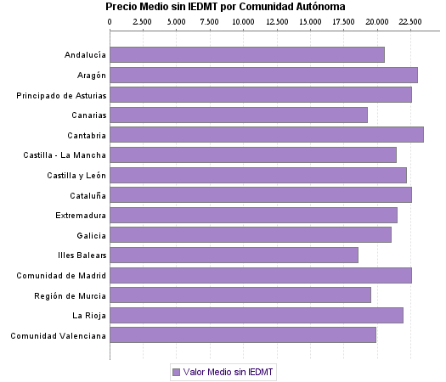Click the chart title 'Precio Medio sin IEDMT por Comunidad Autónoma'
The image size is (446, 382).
tap(225, 7)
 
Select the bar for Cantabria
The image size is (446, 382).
tap(267, 135)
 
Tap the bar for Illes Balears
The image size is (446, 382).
tap(234, 255)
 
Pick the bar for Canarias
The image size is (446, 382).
tap(239, 115)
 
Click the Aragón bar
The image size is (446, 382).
tap(263, 75)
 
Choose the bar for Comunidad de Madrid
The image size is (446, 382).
tap(261, 275)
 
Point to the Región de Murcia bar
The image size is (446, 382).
tap(240, 295)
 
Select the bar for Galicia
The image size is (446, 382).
tap(251, 235)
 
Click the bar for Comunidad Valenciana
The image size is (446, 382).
tap(243, 335)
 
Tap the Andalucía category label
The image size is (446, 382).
tap(85, 55)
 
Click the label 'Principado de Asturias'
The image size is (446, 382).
tap(61, 95)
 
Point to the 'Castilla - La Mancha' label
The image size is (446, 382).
tap(65, 155)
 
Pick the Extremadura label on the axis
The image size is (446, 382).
tap(81, 215)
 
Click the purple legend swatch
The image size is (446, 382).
tap(177, 372)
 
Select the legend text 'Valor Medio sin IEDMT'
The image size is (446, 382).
tap(228, 372)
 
